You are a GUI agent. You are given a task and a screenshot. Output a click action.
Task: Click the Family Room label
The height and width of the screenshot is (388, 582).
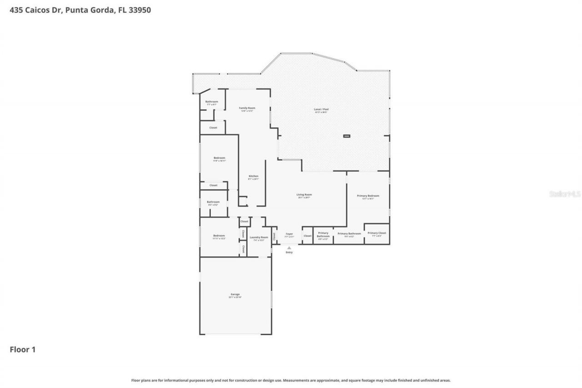pos(247,108)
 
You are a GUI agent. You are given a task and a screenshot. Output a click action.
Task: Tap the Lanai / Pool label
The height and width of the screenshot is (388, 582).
pos(321,110)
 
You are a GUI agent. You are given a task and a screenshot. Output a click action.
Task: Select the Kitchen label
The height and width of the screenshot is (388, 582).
pos(253,176)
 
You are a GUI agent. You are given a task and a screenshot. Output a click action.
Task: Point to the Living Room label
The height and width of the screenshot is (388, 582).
pos(305,195)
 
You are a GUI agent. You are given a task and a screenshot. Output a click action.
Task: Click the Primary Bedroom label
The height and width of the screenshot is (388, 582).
pos(368,196)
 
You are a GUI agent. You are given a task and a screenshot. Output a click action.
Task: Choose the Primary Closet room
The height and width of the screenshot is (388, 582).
pos(376,234)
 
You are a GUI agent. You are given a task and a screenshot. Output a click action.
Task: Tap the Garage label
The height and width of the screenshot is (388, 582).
pos(235,295)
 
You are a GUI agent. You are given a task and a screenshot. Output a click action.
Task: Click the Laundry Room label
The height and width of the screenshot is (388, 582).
pos(259,237)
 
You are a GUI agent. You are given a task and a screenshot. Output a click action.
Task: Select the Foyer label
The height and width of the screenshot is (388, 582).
pos(289,234)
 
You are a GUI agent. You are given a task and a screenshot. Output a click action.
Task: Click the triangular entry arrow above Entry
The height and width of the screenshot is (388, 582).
pos(289,248)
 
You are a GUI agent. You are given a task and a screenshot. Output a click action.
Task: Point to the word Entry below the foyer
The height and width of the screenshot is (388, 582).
pos(289,252)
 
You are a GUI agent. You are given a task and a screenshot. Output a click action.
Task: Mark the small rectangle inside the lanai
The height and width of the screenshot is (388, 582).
pos(346,136)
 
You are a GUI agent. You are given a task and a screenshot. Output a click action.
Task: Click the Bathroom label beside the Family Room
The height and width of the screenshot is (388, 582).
pos(211,102)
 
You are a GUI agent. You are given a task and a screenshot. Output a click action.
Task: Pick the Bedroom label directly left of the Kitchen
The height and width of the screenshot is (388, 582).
pos(219,158)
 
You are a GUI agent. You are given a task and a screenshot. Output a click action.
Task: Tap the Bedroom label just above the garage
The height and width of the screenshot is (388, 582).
pos(219,236)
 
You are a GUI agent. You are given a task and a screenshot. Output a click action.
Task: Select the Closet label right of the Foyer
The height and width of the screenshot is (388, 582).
pos(307,236)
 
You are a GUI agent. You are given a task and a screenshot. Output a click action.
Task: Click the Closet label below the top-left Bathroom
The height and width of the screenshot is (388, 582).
pos(213,128)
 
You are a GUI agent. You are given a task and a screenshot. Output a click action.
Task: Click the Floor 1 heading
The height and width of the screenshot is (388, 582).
pos(22,350)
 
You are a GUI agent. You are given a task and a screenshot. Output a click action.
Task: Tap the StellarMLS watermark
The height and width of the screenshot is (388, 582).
pos(565,194)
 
